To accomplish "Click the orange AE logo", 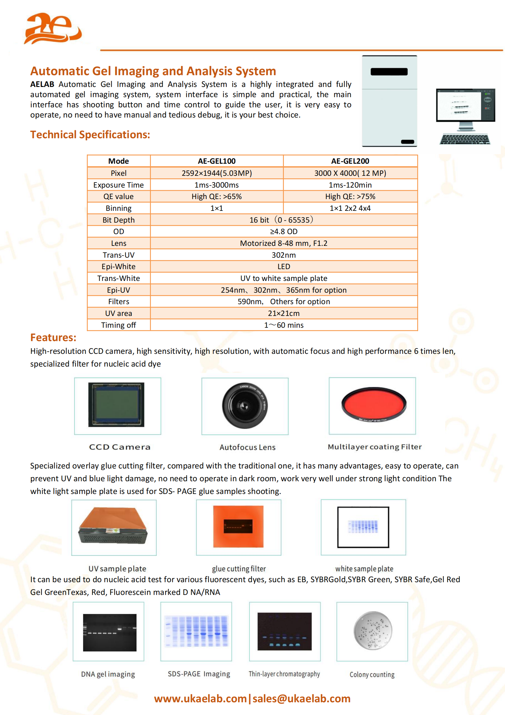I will tap(53, 29).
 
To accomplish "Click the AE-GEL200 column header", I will tap(350, 161).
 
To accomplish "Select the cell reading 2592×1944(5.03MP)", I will tap(217, 173).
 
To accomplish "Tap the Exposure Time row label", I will tap(118, 185).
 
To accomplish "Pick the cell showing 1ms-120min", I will tap(350, 185).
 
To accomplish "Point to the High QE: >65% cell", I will tap(217, 197).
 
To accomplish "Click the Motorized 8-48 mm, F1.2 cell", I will tap(284, 243).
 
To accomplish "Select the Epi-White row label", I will tap(118, 267).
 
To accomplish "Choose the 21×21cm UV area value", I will tap(284, 313).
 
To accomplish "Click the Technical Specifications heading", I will tap(90, 135).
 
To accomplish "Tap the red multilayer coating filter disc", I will tap(374, 404).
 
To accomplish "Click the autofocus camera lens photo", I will tap(245, 405).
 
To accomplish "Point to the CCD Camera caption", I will tap(120, 447).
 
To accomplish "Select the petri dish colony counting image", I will tap(373, 630).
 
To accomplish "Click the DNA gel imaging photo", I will tap(109, 633).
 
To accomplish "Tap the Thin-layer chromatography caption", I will tap(284, 674).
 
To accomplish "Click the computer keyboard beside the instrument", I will tap(465, 139).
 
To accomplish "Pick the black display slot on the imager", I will tap(389, 72).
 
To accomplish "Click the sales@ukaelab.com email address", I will tap(301, 698).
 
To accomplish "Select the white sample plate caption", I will tap(364, 568).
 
